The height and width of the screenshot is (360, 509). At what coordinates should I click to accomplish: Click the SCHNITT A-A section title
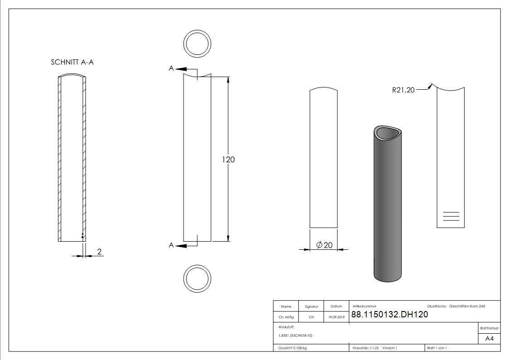tap(72, 63)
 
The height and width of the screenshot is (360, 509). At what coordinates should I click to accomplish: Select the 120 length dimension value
tap(228, 160)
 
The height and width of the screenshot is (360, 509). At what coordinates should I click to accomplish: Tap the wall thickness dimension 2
tap(99, 252)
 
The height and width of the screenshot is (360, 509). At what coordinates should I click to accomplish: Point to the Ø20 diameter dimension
tap(324, 245)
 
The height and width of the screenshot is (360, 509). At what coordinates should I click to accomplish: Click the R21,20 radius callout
tap(403, 90)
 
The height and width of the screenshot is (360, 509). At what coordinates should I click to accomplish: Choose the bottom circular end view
tap(197, 278)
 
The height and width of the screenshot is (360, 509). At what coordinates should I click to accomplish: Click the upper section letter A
tap(171, 68)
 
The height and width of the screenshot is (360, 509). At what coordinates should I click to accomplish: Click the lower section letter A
tap(171, 245)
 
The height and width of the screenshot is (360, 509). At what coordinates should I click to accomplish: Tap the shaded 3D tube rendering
tap(388, 204)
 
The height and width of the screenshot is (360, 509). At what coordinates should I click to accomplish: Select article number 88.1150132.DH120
tap(389, 315)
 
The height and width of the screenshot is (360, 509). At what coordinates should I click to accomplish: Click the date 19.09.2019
tap(336, 317)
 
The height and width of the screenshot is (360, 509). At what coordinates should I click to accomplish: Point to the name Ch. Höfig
tap(286, 317)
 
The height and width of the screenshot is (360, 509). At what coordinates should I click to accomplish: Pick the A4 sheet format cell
tap(489, 339)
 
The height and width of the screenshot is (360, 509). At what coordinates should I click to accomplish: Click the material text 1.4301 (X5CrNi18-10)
tap(296, 336)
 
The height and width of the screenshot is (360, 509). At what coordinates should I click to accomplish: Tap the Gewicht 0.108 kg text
tap(292, 348)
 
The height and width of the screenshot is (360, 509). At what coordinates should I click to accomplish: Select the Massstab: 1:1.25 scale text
tap(365, 348)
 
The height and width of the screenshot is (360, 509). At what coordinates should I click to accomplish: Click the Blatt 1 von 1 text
tap(437, 348)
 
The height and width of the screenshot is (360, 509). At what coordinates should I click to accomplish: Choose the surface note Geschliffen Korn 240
tap(466, 306)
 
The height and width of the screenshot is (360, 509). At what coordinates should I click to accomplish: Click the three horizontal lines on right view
tap(450, 216)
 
